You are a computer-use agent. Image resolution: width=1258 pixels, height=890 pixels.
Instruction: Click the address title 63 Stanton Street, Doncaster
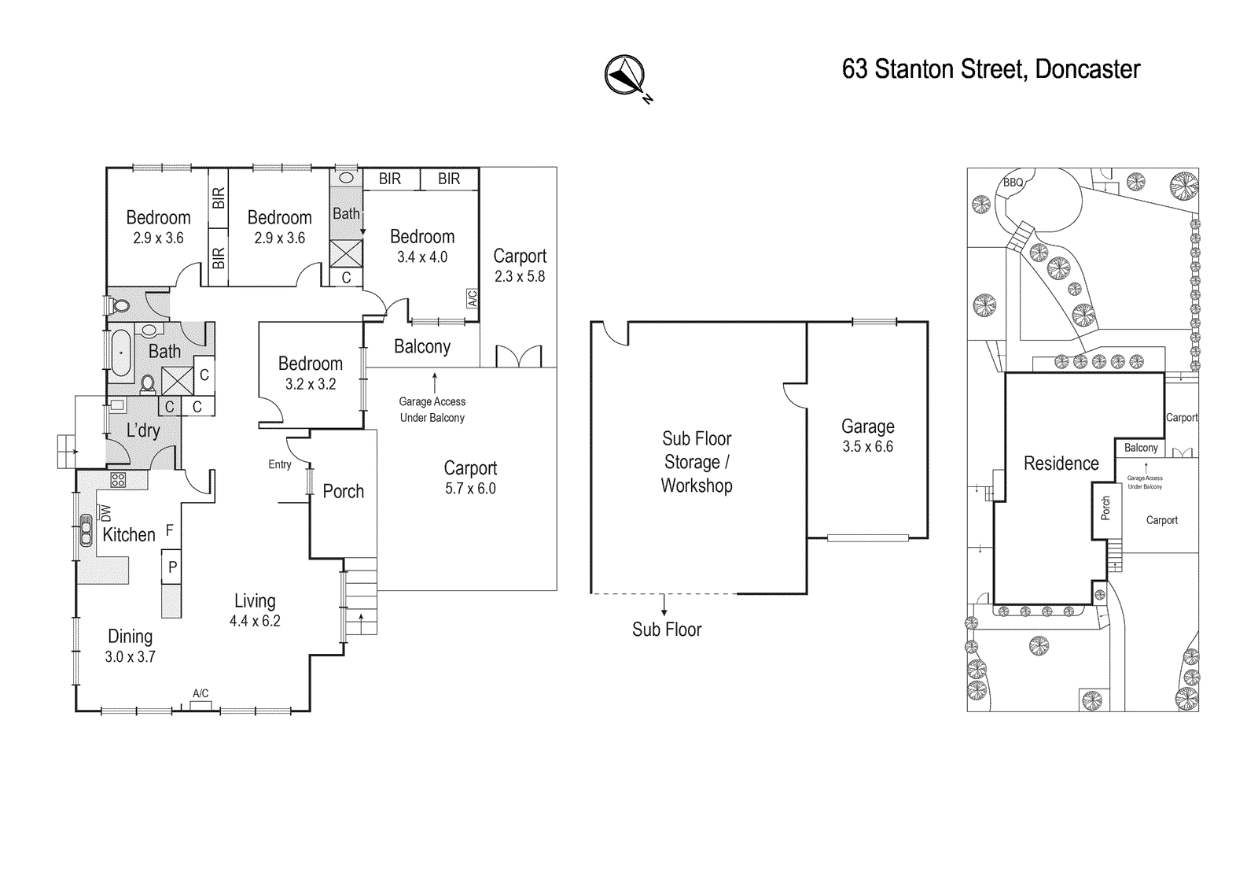coord(991,70)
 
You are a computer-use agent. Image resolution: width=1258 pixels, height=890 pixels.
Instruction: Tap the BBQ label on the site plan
coord(1013,182)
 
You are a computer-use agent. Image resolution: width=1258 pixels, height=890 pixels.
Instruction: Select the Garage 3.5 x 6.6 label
coord(868,436)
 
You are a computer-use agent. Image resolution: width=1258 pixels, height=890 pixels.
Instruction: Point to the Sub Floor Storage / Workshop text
coord(697,462)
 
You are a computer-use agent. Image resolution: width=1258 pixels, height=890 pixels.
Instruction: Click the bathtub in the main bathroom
coord(120,353)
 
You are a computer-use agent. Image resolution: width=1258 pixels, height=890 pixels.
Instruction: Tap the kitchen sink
coord(86,530)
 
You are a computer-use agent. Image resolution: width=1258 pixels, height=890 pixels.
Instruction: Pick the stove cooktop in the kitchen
coord(118,479)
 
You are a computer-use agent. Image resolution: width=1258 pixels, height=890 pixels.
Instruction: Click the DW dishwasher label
coord(105,513)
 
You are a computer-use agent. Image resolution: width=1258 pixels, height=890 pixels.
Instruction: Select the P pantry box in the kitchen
coord(172,567)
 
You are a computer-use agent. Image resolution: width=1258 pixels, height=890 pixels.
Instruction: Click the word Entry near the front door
coord(280,464)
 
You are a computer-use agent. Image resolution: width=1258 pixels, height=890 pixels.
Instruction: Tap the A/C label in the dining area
coord(200,693)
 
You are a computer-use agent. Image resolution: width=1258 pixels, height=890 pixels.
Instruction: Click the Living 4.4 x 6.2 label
coord(255,610)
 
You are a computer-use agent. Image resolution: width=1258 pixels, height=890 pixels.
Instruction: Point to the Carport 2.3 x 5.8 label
coord(520,265)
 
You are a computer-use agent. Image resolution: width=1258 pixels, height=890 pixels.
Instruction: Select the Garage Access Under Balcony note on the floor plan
coord(432,409)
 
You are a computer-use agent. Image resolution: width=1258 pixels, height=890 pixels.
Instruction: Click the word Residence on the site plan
coord(1061,463)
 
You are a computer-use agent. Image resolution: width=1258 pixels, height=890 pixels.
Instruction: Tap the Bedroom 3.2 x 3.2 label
coord(311,373)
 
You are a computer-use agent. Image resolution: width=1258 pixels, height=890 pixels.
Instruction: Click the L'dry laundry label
coord(143,430)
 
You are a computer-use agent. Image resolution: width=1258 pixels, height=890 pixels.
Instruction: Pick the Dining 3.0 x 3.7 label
coord(131,646)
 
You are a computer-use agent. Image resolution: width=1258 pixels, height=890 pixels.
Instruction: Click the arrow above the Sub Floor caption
coord(664,605)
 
